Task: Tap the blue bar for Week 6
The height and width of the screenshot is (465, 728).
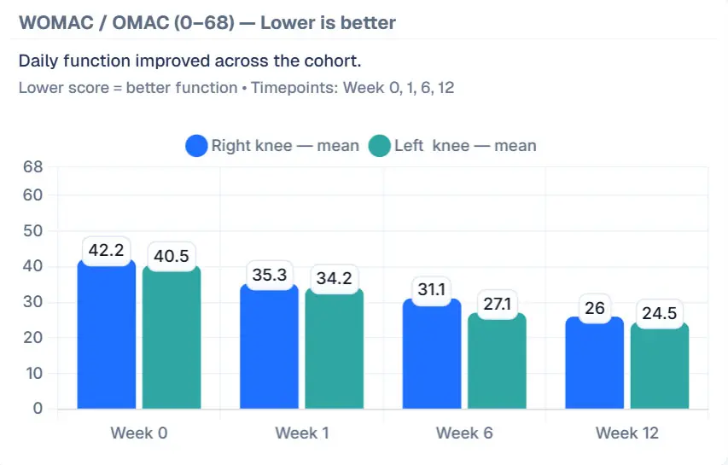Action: (432, 358)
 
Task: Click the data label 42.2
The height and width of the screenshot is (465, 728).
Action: (107, 251)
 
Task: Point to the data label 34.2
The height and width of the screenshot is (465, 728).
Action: (335, 277)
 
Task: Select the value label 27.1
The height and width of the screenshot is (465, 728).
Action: (497, 305)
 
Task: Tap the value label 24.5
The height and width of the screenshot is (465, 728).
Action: (660, 313)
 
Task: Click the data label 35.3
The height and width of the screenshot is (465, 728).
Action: (270, 275)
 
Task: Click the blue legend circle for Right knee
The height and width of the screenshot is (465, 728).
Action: (197, 146)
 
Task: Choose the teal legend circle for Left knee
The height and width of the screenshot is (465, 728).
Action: (379, 146)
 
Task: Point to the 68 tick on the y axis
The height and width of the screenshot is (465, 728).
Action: (32, 167)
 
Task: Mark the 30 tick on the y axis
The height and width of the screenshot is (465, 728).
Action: (32, 302)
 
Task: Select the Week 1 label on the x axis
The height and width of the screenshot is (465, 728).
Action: (302, 433)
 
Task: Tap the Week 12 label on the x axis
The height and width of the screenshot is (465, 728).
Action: (627, 433)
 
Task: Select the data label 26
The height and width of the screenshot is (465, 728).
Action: (595, 308)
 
